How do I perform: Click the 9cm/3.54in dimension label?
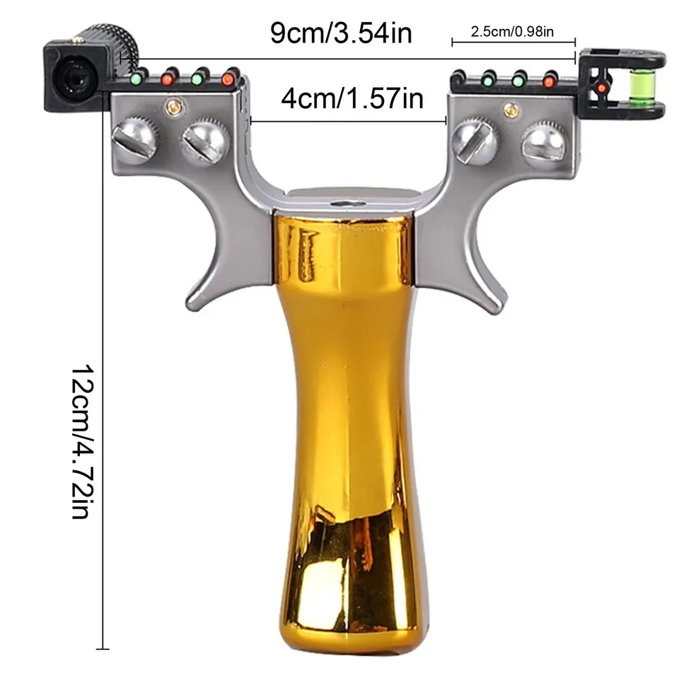tap(341, 33)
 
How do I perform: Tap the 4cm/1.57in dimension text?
tap(352, 99)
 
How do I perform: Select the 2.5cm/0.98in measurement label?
tap(512, 32)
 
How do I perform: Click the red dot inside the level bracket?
tap(601, 88)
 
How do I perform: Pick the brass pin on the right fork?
tap(511, 109)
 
